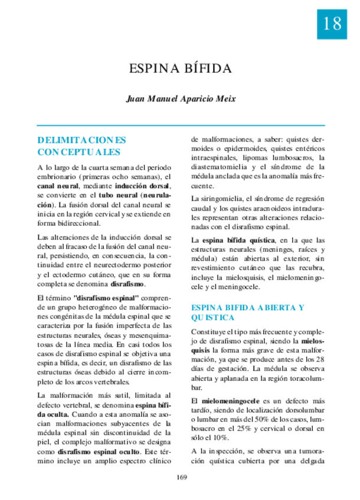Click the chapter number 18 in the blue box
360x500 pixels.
tap(332, 24)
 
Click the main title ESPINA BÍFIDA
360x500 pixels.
tap(180, 69)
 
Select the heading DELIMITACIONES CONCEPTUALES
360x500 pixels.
tap(81, 146)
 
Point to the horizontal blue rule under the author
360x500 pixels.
tap(180, 126)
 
